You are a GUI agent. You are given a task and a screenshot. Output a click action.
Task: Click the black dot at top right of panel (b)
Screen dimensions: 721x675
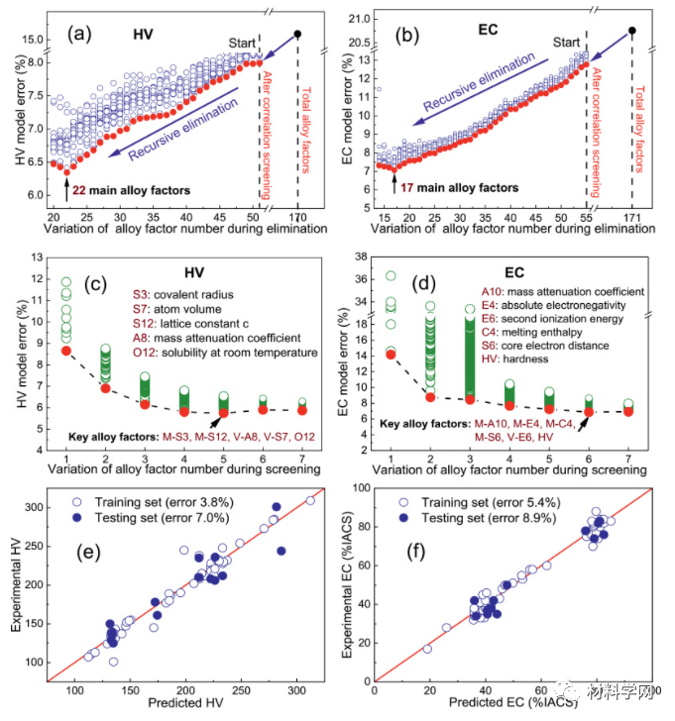click(632, 30)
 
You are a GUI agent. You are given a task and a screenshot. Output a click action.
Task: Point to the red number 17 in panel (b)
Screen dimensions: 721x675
click(412, 187)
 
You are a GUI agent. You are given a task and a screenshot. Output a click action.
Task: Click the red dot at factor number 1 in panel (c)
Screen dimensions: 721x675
click(66, 351)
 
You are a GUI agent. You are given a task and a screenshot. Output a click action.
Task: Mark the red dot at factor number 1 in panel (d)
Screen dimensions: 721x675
click(391, 354)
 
